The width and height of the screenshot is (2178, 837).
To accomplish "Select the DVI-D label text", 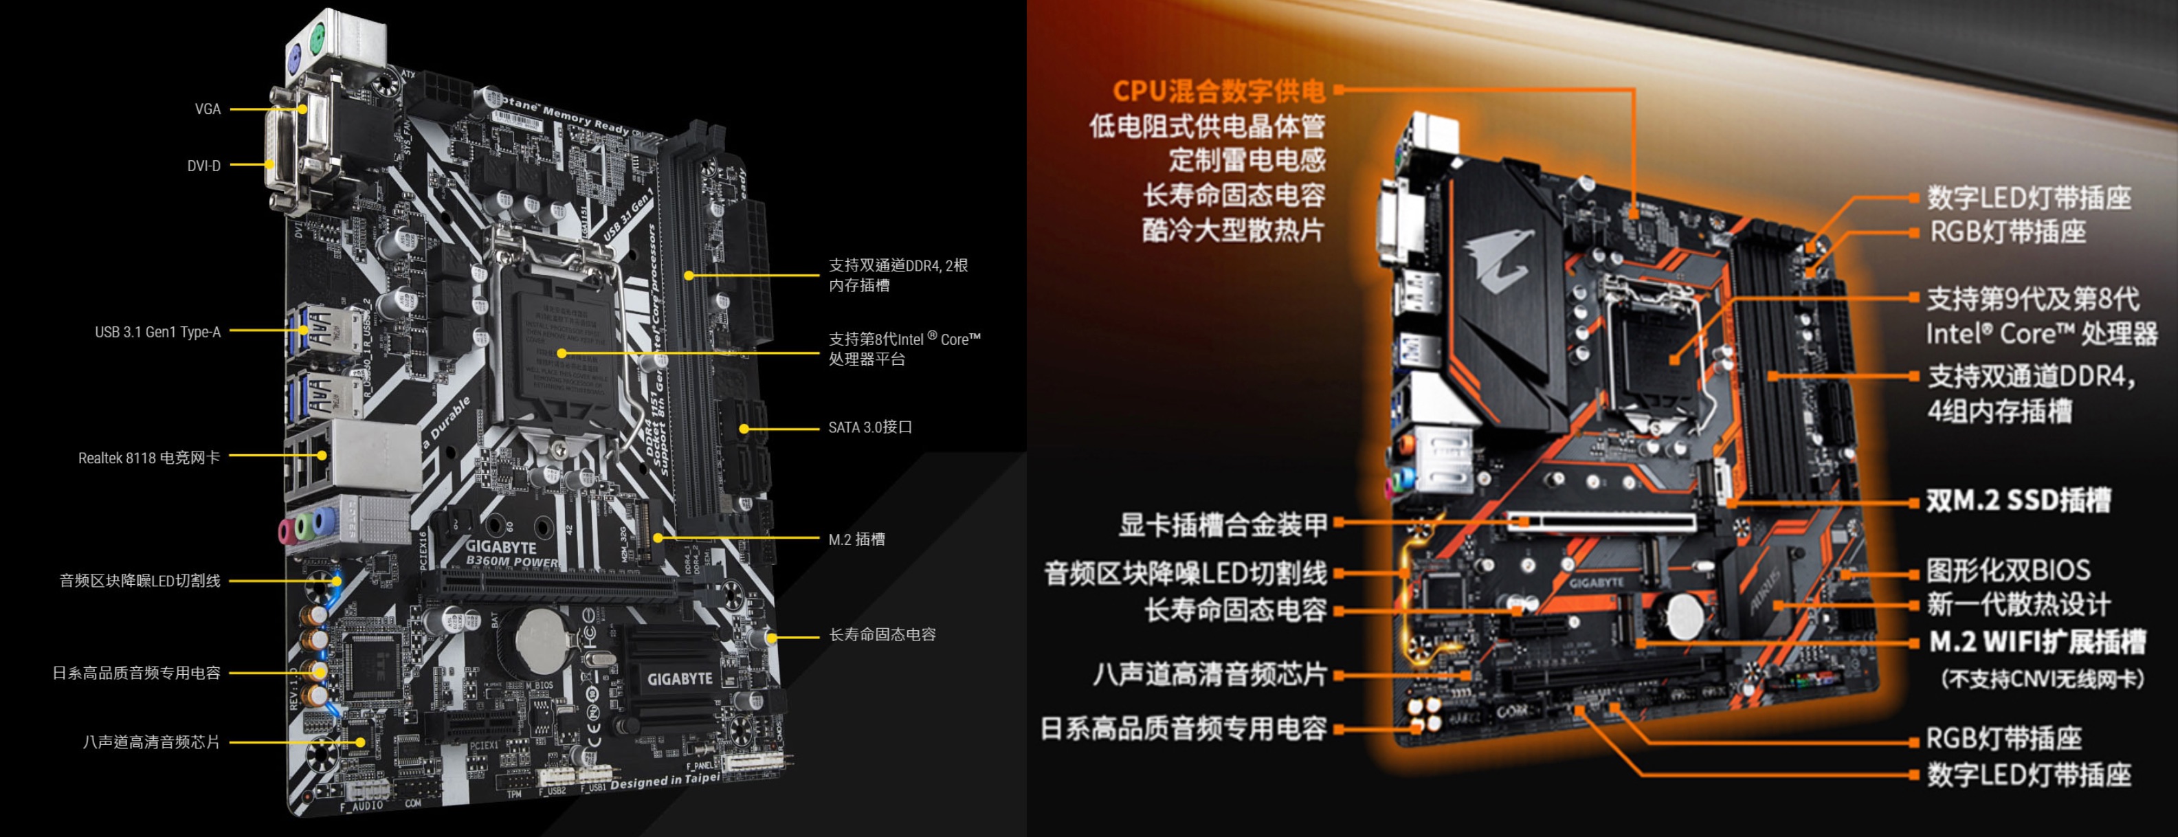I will tap(203, 166).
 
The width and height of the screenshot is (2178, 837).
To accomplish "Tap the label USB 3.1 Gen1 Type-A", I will tap(157, 333).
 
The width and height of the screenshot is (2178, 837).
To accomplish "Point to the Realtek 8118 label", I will tap(149, 458).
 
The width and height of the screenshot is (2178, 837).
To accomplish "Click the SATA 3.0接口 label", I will tap(870, 428).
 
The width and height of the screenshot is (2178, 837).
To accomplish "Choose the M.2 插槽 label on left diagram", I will tap(856, 539).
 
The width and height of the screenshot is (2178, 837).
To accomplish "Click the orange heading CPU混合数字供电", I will tap(1217, 91).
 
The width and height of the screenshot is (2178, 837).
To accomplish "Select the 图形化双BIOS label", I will tap(2008, 570).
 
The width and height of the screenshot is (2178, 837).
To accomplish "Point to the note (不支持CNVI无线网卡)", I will tap(2040, 679).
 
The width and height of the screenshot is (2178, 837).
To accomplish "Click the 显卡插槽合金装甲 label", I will tap(1223, 525).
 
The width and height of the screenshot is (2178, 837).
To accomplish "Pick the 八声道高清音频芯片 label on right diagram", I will tap(1209, 675).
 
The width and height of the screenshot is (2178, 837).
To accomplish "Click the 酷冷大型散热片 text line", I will tap(1233, 230).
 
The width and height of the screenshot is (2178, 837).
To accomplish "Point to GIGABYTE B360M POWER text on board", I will tap(507, 554).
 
